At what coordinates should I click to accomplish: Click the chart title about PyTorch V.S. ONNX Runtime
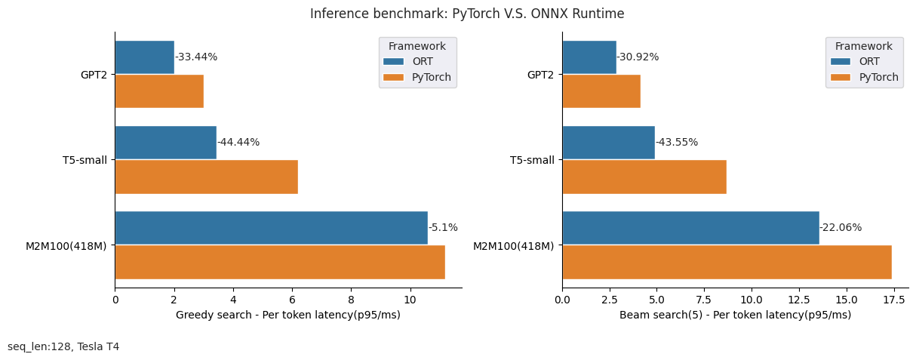tap(467, 14)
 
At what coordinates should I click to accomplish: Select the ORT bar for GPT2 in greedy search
tap(144, 57)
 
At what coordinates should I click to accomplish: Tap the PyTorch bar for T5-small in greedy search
tap(206, 177)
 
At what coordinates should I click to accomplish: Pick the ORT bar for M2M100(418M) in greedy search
tap(271, 228)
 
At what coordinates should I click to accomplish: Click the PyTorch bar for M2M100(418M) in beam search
tap(727, 262)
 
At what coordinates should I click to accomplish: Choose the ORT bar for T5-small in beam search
tap(608, 143)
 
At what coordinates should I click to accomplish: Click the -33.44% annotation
tap(196, 57)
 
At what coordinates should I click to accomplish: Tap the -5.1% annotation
tap(443, 228)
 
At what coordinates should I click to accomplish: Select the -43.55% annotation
tap(677, 143)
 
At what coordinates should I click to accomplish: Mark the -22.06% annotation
tap(841, 228)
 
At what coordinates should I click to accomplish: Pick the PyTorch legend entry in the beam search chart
tap(866, 77)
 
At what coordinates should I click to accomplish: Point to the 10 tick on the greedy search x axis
tap(410, 299)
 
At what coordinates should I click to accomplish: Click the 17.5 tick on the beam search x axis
tap(894, 299)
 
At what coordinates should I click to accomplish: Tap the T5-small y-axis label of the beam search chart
tap(532, 160)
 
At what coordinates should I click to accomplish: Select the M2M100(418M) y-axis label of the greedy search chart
tap(66, 246)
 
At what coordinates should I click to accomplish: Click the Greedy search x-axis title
tap(288, 315)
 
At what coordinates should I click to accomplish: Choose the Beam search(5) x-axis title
tap(735, 315)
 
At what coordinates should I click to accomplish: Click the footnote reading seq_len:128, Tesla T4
tap(63, 347)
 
